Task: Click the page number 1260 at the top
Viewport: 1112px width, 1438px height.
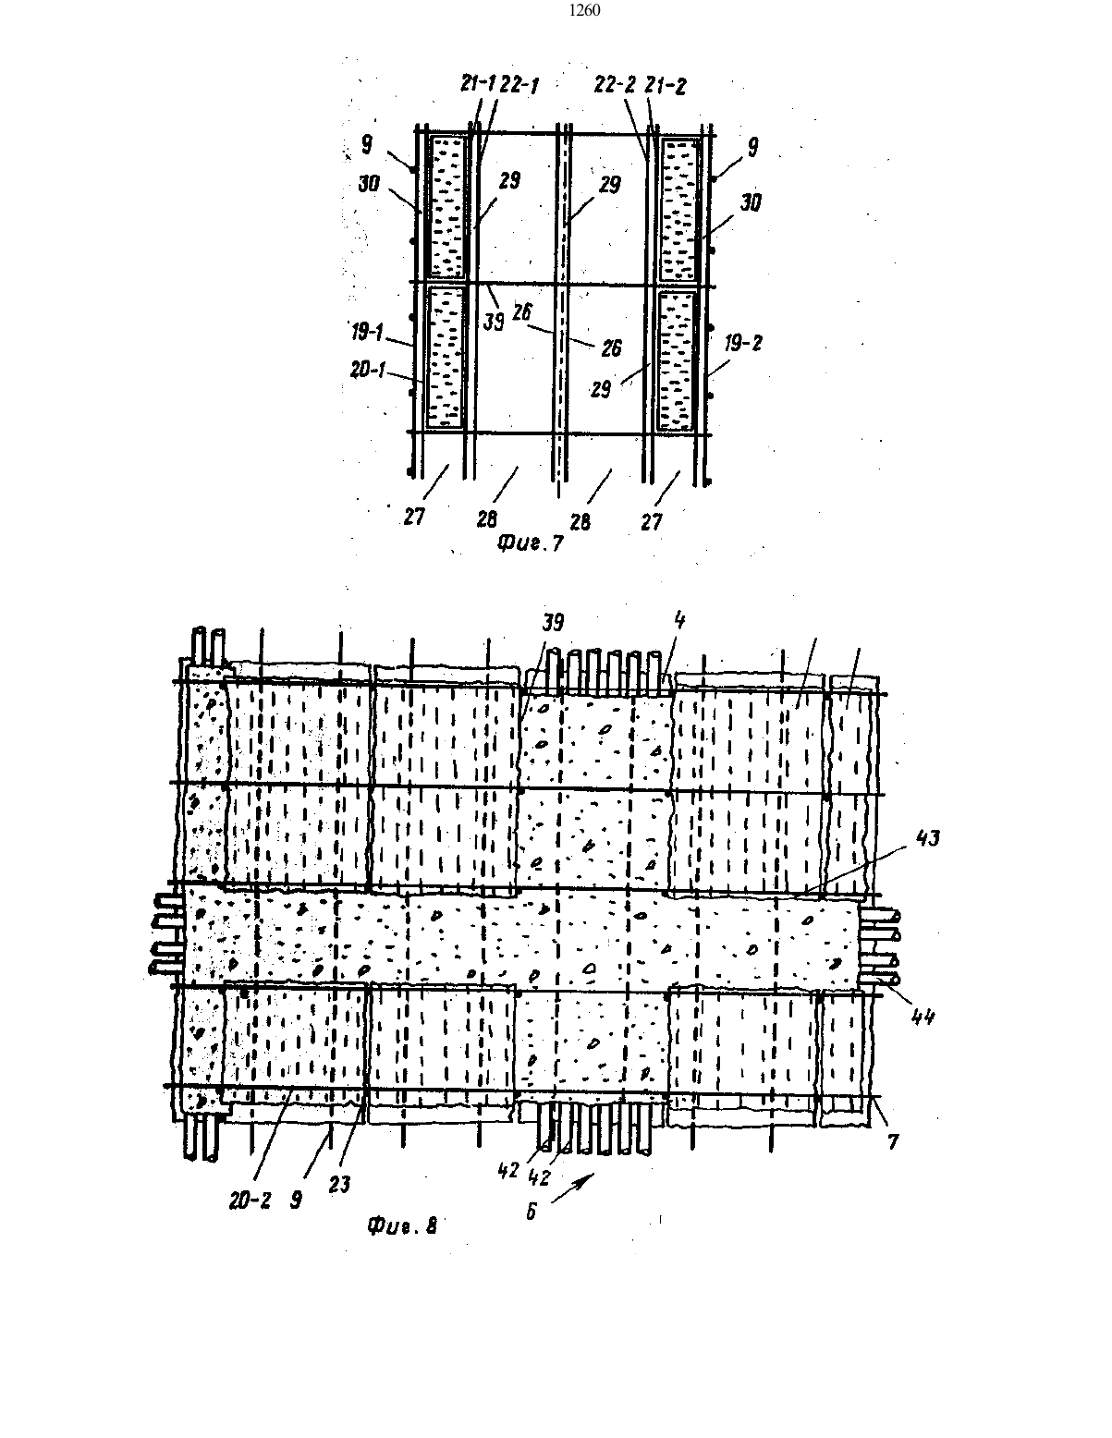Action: [584, 10]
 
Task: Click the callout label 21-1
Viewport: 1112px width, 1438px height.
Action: [478, 83]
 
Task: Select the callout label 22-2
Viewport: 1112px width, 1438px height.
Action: [615, 84]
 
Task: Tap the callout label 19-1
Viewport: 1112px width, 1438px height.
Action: [367, 332]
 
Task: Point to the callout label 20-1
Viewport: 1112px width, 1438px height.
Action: [368, 370]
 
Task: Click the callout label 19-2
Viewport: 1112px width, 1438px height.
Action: [742, 343]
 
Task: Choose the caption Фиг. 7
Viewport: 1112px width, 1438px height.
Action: [530, 543]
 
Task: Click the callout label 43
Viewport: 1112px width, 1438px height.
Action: [927, 838]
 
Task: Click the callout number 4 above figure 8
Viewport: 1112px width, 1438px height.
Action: [679, 620]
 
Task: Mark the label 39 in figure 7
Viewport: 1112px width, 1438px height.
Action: [494, 321]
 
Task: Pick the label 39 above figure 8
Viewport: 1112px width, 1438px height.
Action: [554, 623]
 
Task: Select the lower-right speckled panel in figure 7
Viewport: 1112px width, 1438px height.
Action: [677, 361]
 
